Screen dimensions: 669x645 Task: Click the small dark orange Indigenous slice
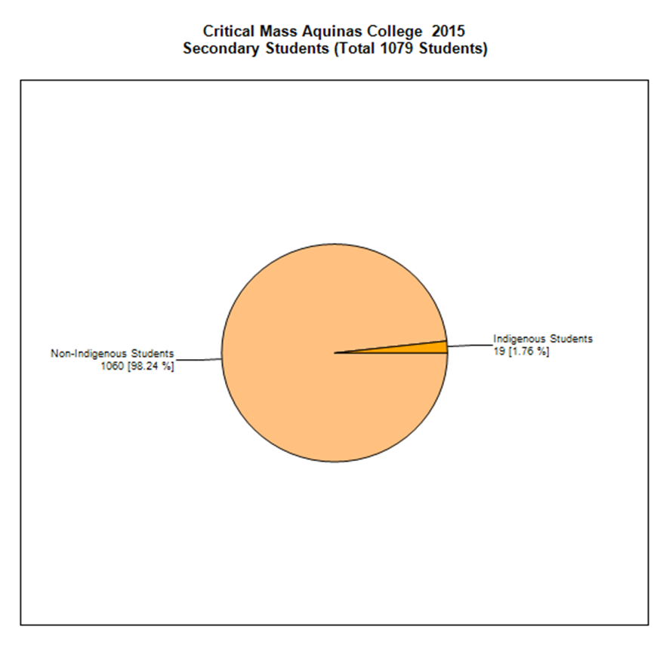[427, 349]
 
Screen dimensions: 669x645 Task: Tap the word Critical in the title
[229, 31]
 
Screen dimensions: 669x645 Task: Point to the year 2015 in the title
[448, 31]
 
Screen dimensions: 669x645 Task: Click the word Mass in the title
[279, 31]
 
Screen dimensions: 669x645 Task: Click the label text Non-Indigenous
[89, 354]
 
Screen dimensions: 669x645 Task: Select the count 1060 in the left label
[112, 366]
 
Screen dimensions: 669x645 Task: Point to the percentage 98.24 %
[150, 367]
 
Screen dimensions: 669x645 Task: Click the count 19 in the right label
[499, 352]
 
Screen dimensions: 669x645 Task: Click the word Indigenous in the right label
[519, 339]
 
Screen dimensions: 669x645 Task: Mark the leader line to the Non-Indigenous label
[198, 360]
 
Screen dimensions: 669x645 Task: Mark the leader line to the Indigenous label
[470, 346]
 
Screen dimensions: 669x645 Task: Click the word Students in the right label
[571, 339]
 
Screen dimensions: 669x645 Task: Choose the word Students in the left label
[153, 354]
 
